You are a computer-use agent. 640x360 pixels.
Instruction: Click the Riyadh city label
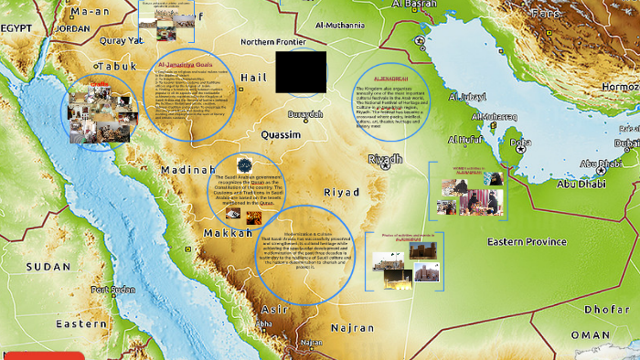tap(384, 159)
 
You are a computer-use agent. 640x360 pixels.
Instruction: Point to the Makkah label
tap(228, 233)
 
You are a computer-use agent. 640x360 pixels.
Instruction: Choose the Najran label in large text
tap(353, 326)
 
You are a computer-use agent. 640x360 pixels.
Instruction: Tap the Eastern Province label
tap(527, 241)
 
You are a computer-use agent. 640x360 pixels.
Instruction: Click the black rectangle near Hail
tap(301, 72)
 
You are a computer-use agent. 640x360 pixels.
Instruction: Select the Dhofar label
tap(607, 310)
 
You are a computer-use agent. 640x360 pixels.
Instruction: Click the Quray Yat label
tap(122, 41)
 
